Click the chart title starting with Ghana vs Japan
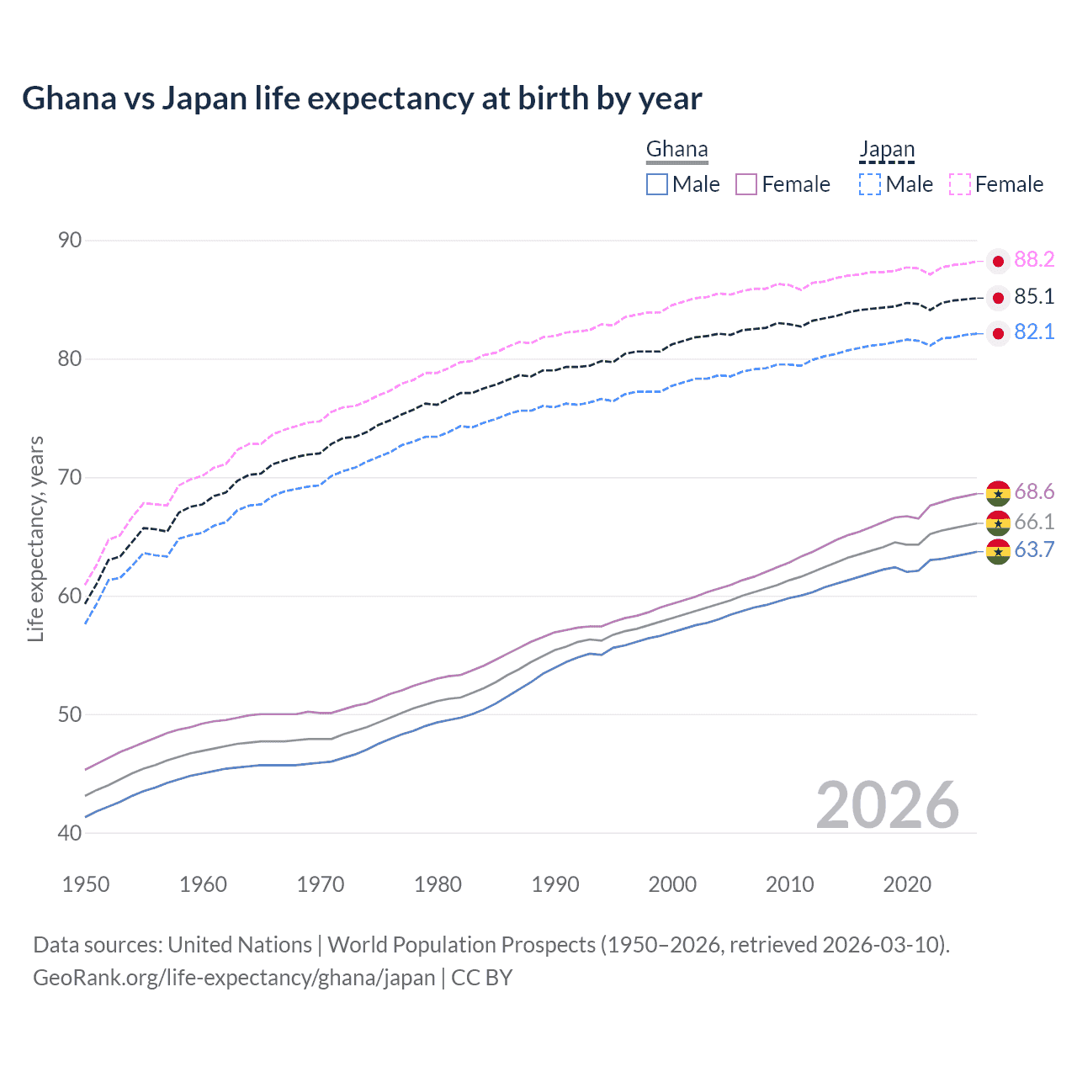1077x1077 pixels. coord(362,98)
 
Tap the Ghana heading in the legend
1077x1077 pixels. coord(676,150)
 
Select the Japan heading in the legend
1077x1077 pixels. coord(886,150)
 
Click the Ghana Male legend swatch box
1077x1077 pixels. coord(657,184)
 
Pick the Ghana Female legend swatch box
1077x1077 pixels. coord(746,184)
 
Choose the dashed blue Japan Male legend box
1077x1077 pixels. coord(870,184)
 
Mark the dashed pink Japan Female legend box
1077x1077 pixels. coord(960,184)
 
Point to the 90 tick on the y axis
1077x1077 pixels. coord(70,241)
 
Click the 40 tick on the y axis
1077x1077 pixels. coord(70,833)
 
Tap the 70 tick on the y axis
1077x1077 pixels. coord(70,478)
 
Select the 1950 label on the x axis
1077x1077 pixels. coord(86,884)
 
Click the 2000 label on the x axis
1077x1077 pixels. coord(672,884)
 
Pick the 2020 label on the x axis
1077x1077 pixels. coord(907,884)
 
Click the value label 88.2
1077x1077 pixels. coord(1034,260)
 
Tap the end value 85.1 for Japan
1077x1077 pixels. coord(1034,296)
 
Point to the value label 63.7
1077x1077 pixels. coord(1034,550)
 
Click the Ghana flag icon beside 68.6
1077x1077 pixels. coord(998,493)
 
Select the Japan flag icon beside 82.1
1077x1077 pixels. coord(998,334)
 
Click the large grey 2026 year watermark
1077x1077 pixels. coord(888,805)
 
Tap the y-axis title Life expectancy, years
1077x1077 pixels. coord(36,538)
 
